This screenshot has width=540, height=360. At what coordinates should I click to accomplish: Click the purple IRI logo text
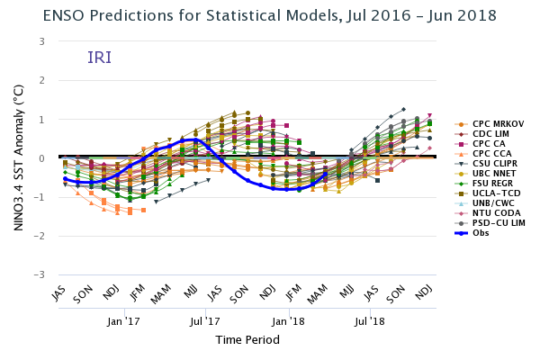(100, 58)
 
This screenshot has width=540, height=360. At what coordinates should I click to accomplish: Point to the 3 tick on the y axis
(42, 41)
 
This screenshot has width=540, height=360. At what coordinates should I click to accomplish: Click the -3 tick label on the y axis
(40, 274)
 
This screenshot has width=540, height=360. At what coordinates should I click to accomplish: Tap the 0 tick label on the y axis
(42, 158)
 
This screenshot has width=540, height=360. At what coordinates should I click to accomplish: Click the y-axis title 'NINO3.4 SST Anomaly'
(18, 157)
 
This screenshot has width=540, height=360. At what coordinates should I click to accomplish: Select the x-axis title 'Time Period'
(247, 340)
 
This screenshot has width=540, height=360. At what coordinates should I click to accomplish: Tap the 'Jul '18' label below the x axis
(371, 320)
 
